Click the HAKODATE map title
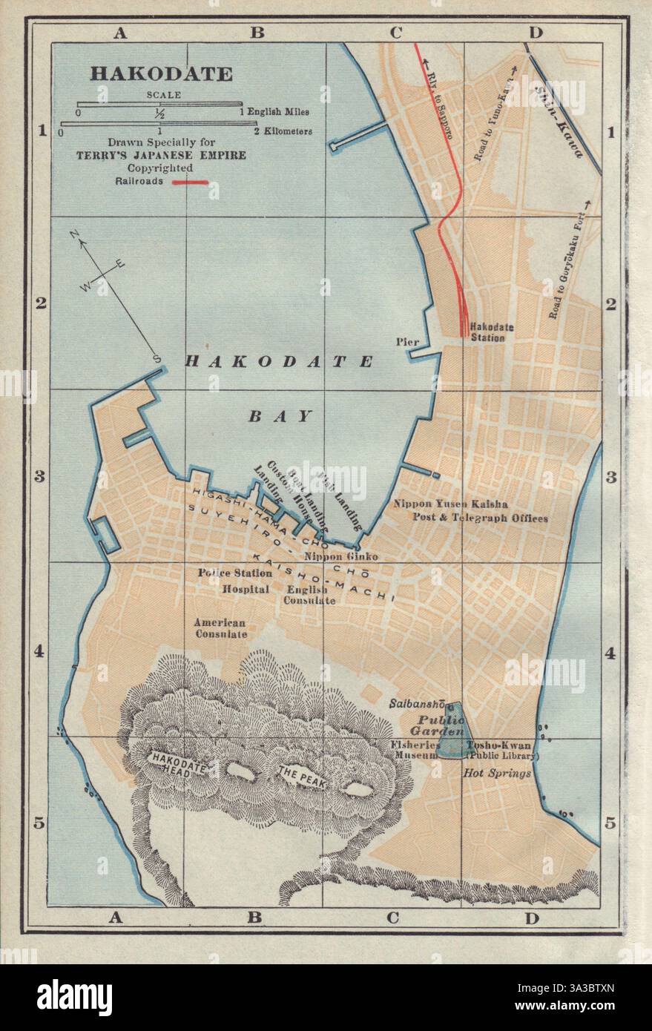click(161, 74)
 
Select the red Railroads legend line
click(191, 181)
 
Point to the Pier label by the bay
click(408, 341)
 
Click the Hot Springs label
click(498, 774)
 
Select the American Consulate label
click(220, 629)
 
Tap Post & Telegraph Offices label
click(480, 518)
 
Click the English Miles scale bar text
click(278, 112)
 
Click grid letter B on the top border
click(255, 32)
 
